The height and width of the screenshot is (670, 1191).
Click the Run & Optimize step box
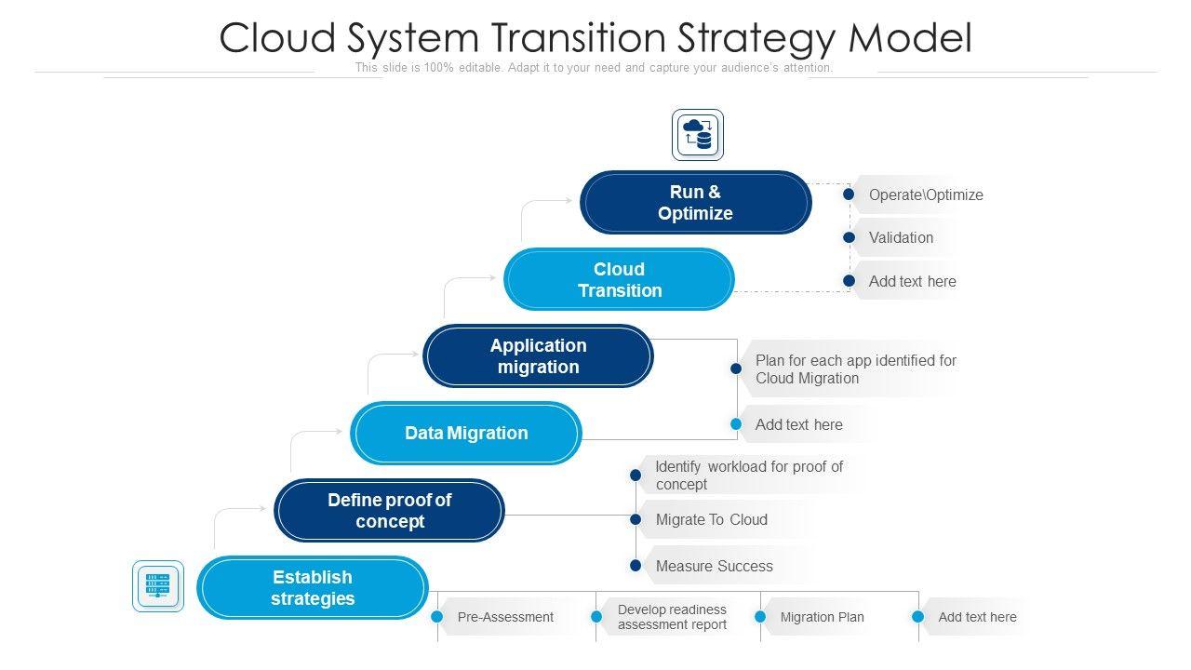[x=695, y=203]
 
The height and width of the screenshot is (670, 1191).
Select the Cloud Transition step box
[x=619, y=279]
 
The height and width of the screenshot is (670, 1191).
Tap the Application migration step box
[x=538, y=355]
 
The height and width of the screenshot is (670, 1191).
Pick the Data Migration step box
[x=465, y=433]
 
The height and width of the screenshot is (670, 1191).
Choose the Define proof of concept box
[x=389, y=510]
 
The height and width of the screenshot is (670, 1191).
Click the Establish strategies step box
[x=312, y=587]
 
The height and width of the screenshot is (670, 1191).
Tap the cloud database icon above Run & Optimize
[x=698, y=135]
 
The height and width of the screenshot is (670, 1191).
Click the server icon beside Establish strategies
[x=158, y=586]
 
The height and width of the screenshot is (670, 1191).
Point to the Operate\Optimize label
[x=925, y=194]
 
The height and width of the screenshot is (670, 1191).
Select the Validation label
[x=901, y=237]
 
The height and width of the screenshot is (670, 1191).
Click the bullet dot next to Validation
[x=849, y=237]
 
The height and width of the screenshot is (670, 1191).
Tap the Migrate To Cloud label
[x=711, y=519]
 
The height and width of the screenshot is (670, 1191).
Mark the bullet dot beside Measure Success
[x=636, y=566]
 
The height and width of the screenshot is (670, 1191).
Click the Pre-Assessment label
[x=505, y=617]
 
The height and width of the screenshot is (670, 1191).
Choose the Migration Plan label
[x=822, y=617]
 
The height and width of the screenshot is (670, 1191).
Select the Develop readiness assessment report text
[x=672, y=617]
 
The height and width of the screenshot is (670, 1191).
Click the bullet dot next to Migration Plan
[x=760, y=617]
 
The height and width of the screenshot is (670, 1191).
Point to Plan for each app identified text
[x=855, y=368]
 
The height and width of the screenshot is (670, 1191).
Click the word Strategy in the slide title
[x=753, y=38]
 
